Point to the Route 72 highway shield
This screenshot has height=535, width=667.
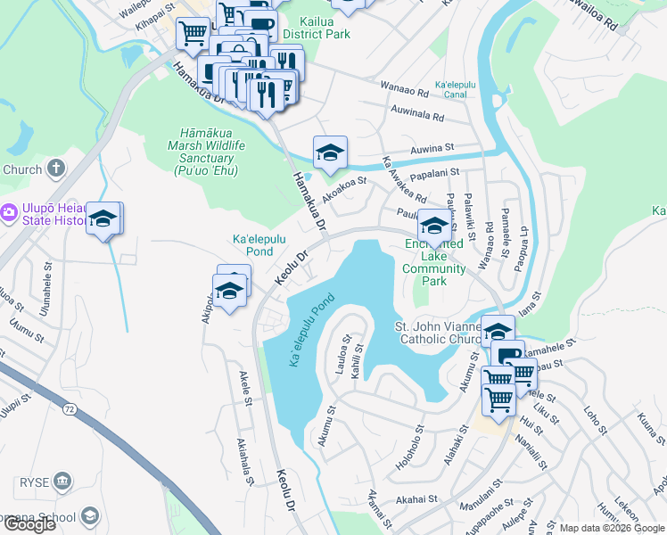(x=69, y=409)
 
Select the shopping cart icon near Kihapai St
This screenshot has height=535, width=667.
(x=193, y=34)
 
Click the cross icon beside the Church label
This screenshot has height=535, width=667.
(x=55, y=168)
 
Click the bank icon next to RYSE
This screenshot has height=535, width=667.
(x=62, y=482)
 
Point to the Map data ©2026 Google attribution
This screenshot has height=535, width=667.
(x=612, y=528)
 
